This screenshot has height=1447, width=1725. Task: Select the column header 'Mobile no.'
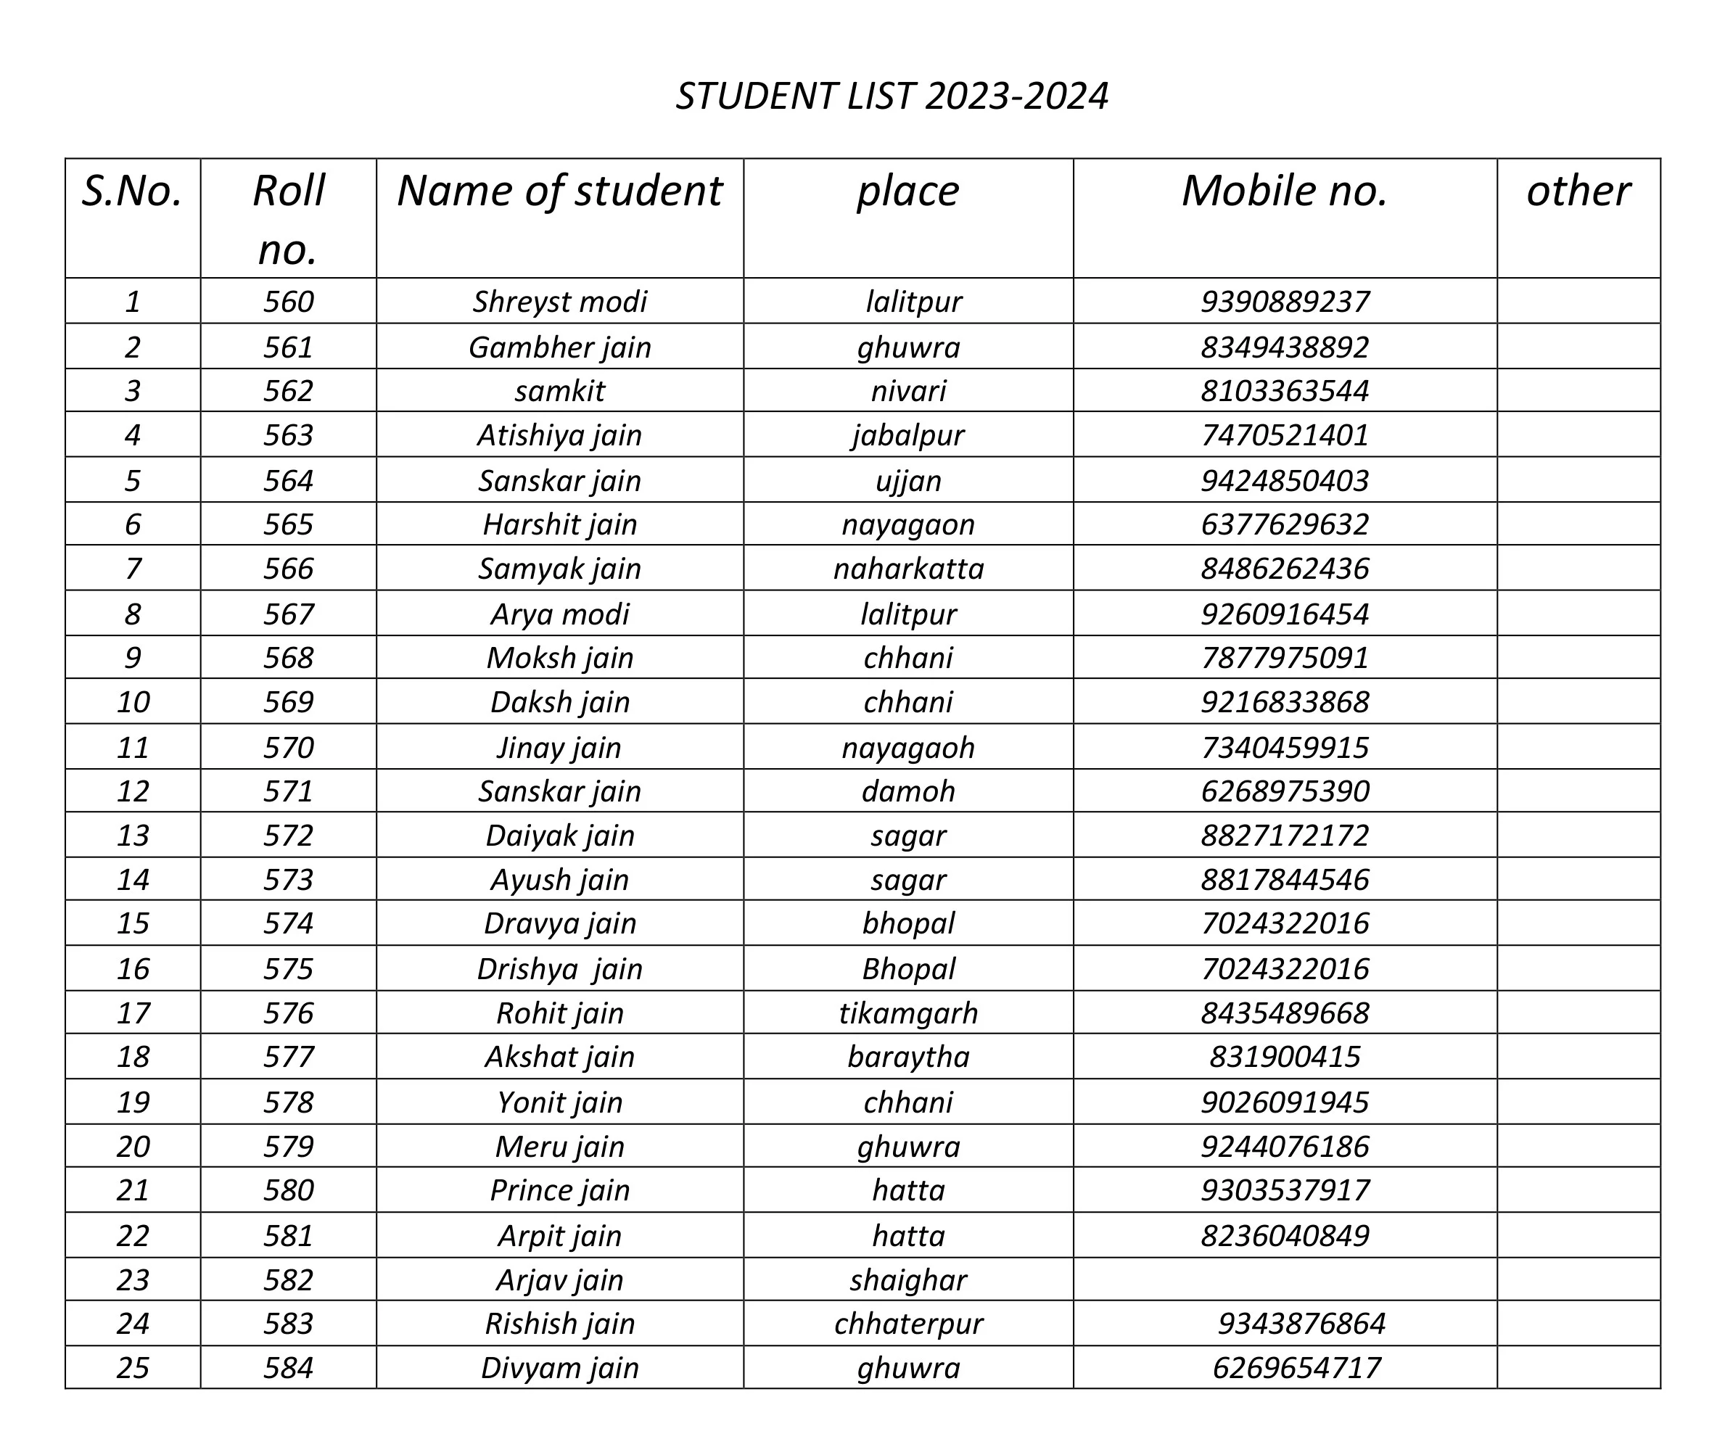click(x=1284, y=191)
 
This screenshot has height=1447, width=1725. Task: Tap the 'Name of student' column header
click(x=559, y=191)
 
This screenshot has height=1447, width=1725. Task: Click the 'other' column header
click(x=1578, y=191)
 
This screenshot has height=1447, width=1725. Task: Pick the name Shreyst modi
click(x=559, y=302)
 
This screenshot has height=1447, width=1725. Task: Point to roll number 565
click(x=288, y=524)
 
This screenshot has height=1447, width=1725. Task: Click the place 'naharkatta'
click(x=908, y=569)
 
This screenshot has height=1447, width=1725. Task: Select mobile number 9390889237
click(x=1285, y=302)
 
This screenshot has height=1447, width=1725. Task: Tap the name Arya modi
click(x=559, y=614)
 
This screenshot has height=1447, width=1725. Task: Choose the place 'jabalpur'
click(x=908, y=434)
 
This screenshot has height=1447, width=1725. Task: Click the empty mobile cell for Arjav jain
click(x=1285, y=1279)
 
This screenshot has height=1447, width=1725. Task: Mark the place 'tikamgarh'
click(x=908, y=1013)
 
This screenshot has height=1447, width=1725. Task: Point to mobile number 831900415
click(x=1285, y=1056)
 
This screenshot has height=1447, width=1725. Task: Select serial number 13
click(x=132, y=835)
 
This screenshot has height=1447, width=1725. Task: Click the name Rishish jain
click(x=559, y=1323)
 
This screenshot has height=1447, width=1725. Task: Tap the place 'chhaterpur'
click(x=908, y=1323)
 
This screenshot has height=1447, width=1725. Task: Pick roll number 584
click(x=288, y=1367)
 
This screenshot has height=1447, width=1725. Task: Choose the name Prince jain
click(x=559, y=1190)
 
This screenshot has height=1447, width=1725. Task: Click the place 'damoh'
click(x=908, y=791)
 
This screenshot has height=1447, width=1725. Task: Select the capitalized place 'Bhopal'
click(x=908, y=969)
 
